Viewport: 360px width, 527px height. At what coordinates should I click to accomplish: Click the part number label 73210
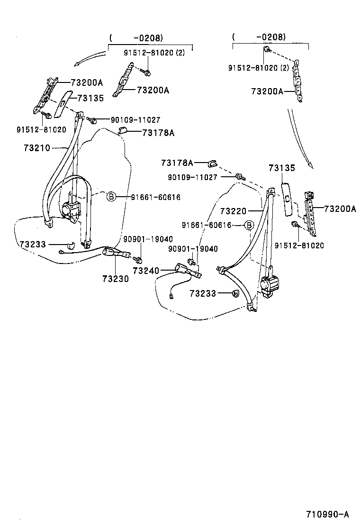point(36,148)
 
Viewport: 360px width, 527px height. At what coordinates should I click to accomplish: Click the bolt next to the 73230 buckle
point(138,260)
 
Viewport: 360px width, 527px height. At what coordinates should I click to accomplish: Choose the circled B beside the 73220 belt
point(249,225)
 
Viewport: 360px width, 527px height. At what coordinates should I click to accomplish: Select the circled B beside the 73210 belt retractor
point(111,197)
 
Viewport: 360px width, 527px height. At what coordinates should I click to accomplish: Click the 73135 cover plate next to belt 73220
point(288,199)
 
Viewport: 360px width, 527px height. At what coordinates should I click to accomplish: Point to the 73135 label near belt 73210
point(90,98)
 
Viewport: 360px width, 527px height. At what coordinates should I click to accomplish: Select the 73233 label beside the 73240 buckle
point(203,294)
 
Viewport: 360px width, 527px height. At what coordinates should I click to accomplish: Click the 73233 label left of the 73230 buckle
point(33,244)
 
